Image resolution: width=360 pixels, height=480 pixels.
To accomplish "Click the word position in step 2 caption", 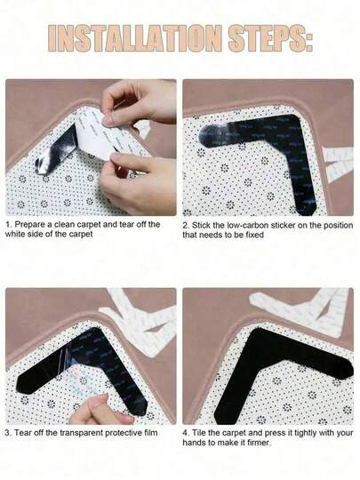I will click(315, 225).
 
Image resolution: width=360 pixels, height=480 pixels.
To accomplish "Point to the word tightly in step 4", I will click(305, 432).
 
